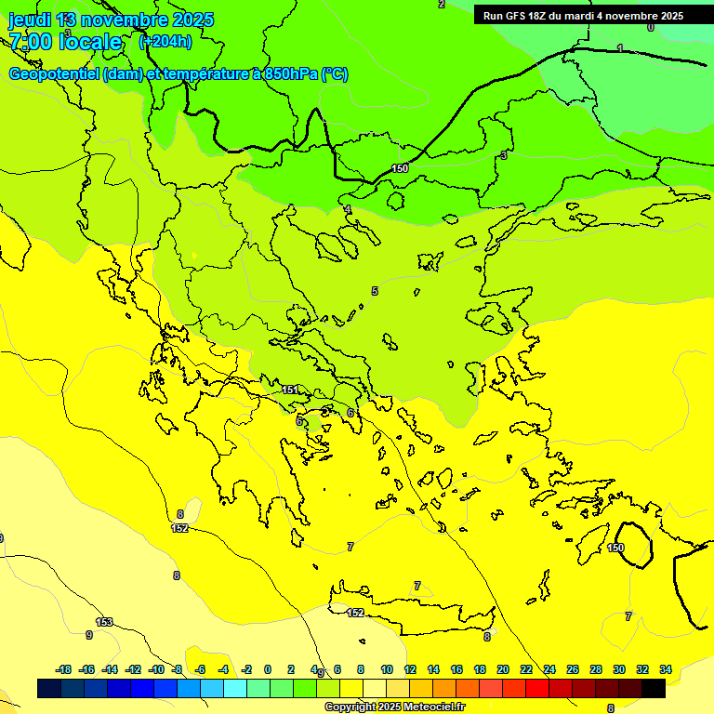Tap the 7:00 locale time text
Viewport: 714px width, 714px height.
65,42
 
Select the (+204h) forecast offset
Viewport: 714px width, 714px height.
165,41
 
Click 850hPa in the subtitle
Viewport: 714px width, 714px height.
290,74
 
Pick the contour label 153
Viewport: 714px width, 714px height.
105,622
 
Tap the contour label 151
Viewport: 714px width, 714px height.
290,390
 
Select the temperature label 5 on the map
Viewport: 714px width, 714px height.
375,291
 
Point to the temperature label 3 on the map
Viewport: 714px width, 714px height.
504,155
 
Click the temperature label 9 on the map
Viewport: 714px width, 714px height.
89,635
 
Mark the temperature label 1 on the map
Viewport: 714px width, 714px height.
620,47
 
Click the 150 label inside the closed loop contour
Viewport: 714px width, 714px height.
616,548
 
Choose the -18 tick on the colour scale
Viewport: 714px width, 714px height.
63,669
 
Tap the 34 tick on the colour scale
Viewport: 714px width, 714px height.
666,669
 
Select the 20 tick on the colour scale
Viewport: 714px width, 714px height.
503,669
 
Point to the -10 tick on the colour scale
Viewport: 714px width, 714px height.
156,669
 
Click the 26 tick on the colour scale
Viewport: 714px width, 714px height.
573,669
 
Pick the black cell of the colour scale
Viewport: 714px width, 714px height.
654,688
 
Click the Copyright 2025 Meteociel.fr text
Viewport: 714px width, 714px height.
394,707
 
